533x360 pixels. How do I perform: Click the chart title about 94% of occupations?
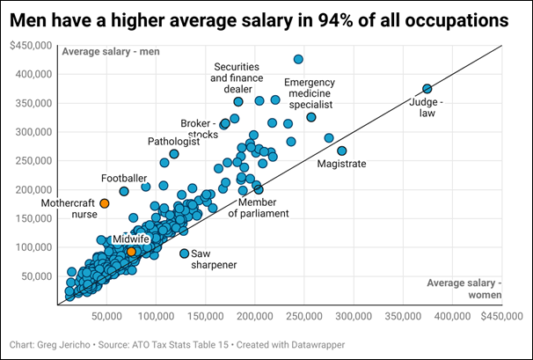[x=260, y=19]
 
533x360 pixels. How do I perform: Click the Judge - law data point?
[x=427, y=89]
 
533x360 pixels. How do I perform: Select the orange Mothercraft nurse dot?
[x=105, y=203]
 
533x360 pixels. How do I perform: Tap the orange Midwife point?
[x=131, y=252]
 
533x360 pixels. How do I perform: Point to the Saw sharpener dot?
[x=185, y=253]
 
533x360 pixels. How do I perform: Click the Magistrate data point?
[x=342, y=151]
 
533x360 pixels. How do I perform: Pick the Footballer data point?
[x=124, y=191]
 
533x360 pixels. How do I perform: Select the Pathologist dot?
[x=174, y=154]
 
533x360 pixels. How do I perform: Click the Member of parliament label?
[x=258, y=208]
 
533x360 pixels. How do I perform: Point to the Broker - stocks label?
[x=199, y=129]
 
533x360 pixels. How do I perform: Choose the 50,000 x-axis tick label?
[x=107, y=314]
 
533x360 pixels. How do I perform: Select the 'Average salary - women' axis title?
[x=464, y=288]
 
